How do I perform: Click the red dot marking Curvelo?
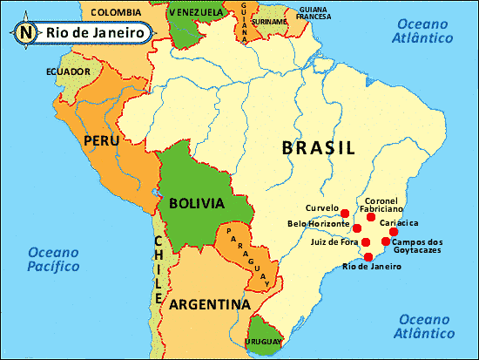pyautogui.click(x=345, y=213)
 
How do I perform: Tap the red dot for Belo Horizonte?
pyautogui.click(x=357, y=228)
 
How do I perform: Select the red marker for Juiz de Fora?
pyautogui.click(x=366, y=242)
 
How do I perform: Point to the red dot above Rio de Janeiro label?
pyautogui.click(x=368, y=256)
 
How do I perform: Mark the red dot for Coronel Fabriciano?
pyautogui.click(x=371, y=216)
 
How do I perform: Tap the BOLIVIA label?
pyautogui.click(x=197, y=203)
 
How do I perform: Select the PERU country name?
pyautogui.click(x=101, y=140)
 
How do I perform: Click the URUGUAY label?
pyautogui.click(x=262, y=343)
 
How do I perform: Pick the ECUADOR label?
pyautogui.click(x=70, y=71)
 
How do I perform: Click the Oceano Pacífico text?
pyautogui.click(x=55, y=260)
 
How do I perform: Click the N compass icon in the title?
pyautogui.click(x=24, y=33)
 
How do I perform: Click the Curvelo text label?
pyautogui.click(x=321, y=208)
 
